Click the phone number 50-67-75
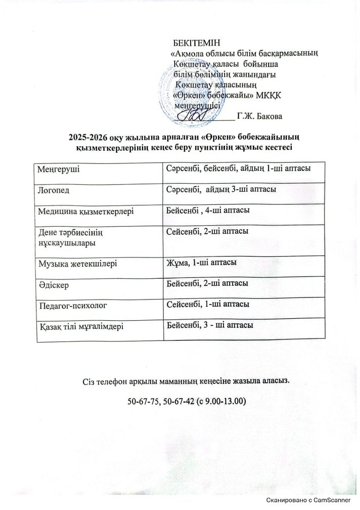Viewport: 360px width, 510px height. (143, 402)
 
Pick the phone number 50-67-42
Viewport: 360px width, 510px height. (178, 402)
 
